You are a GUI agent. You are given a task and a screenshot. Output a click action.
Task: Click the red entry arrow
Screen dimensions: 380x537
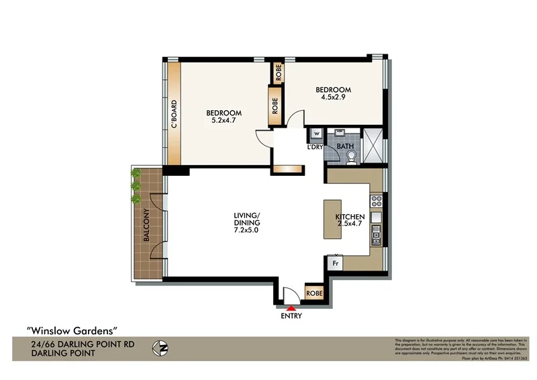[291, 308]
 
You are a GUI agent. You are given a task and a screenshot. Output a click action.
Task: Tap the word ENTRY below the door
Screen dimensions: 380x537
[291, 316]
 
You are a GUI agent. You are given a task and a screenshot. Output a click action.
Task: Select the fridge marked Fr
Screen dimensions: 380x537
[334, 263]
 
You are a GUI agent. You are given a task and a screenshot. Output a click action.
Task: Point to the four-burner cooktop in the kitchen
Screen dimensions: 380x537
[376, 200]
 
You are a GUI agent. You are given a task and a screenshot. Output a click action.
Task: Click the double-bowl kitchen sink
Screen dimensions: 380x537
[377, 235]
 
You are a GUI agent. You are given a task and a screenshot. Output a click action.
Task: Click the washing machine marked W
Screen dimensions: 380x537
[316, 133]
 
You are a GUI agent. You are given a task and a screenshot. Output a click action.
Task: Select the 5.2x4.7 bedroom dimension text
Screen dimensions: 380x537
[224, 121]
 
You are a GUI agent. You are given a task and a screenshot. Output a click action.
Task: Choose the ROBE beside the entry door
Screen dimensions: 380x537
[313, 293]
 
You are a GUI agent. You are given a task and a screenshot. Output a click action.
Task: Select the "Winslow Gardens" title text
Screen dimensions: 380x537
[72, 330]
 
